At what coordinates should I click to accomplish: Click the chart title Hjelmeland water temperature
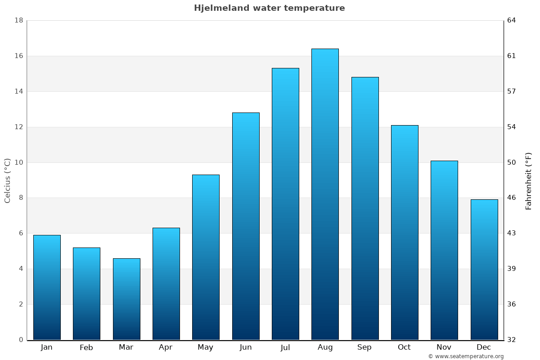[269, 8]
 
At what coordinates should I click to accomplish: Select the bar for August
[325, 194]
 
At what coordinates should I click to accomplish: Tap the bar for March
[126, 299]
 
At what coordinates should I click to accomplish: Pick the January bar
[47, 287]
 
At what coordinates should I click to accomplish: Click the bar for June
[246, 226]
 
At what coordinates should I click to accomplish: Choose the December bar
[484, 269]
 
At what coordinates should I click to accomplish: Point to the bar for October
[405, 232]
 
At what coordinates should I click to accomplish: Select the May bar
[206, 257]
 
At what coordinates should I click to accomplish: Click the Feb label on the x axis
[86, 347]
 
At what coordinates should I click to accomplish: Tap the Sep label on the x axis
[364, 347]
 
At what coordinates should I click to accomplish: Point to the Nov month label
[444, 347]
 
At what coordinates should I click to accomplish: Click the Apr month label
[166, 347]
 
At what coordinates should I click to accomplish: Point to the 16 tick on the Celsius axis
[18, 56]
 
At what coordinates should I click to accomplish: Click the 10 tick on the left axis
[18, 162]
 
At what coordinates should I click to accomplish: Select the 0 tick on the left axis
[21, 340]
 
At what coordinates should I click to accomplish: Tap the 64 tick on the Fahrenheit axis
[512, 20]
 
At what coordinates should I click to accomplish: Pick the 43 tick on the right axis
[512, 233]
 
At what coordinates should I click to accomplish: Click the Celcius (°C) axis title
[8, 180]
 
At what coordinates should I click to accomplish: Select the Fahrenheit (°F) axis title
[529, 181]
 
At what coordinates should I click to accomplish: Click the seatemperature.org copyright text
[466, 356]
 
